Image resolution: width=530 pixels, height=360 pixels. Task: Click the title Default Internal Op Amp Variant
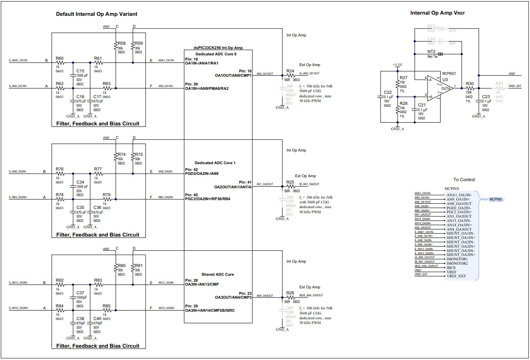coord(97,14)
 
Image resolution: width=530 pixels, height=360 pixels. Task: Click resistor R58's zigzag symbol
coord(115,48)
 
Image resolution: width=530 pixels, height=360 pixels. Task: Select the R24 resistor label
coord(290,71)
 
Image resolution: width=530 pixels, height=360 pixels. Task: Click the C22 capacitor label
coord(388,92)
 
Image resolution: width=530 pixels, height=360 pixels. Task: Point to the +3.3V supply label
coord(397,65)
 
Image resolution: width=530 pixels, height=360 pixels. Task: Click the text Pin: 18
coord(191,59)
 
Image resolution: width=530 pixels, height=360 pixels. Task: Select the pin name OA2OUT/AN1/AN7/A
coord(233,187)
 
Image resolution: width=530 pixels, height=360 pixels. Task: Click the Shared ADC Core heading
coord(218,274)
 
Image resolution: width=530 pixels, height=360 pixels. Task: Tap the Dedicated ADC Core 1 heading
coord(215,163)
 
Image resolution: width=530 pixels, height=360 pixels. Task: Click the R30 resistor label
coord(469,84)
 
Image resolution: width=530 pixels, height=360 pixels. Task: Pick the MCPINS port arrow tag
coord(496,199)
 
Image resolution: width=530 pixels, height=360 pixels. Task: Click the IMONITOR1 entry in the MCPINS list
coord(457,259)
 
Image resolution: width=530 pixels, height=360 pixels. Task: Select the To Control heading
coord(464,180)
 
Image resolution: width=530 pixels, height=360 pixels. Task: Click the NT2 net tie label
coord(431,52)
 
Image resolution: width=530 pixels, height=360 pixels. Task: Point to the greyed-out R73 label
coord(431,27)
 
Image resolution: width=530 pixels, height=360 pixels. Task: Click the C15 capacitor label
coord(80,71)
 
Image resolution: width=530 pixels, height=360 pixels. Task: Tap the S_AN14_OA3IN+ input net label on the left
coord(18,308)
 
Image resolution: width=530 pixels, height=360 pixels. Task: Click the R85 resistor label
coord(106,306)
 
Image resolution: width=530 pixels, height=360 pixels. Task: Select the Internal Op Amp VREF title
coord(437,13)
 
